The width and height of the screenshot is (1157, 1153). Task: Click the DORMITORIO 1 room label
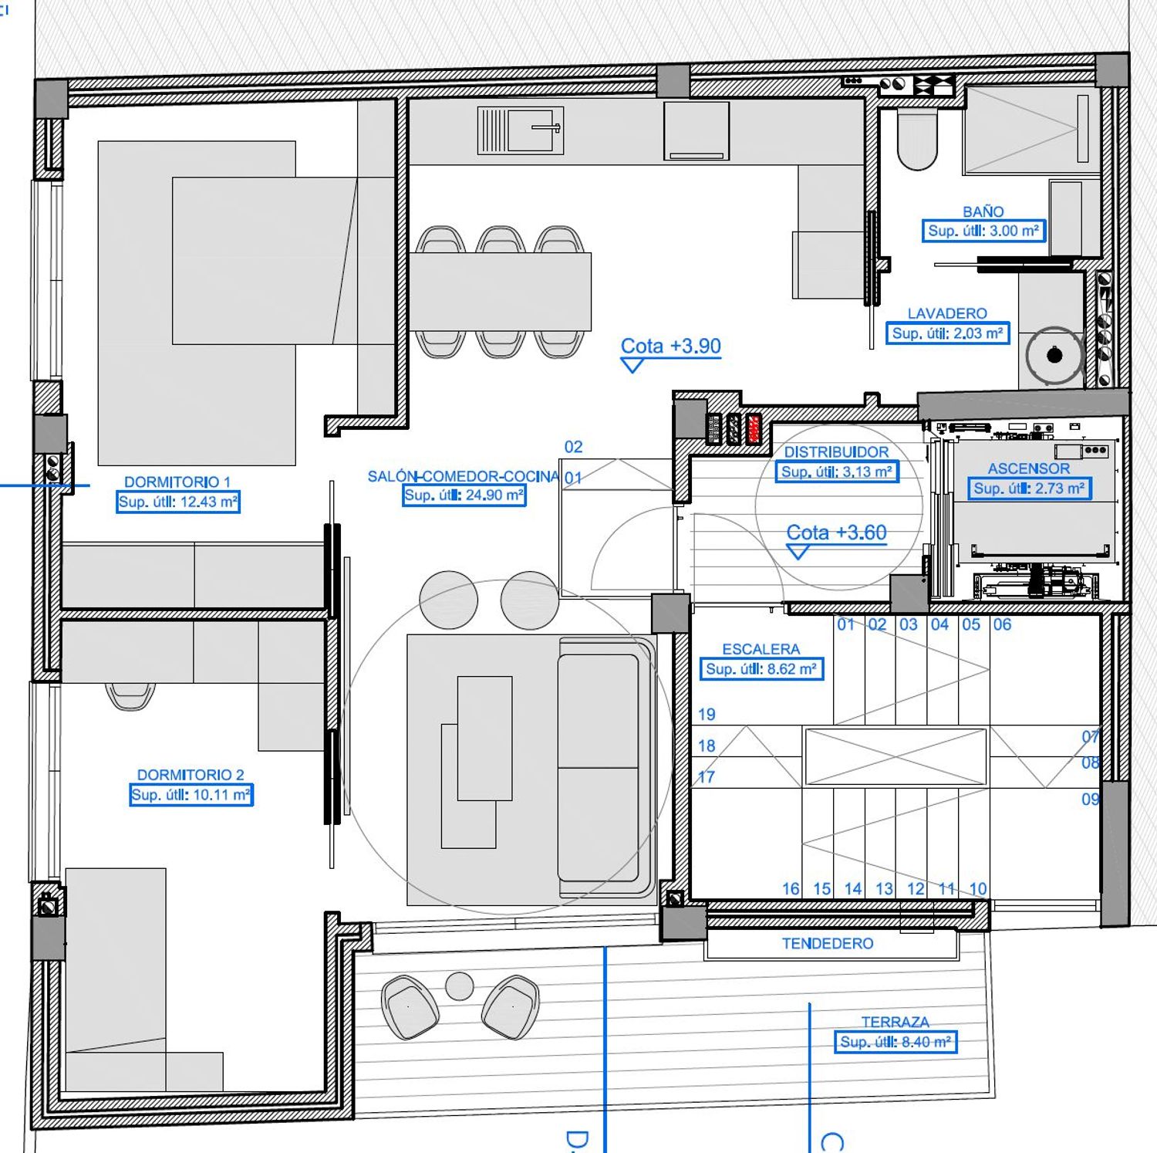177,482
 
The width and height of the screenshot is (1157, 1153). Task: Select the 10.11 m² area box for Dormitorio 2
191,795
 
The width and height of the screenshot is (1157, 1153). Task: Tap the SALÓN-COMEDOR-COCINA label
463,476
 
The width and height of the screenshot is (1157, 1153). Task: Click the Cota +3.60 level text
836,533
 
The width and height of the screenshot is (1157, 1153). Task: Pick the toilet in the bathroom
917,140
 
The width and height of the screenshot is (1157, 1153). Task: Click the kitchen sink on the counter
521,130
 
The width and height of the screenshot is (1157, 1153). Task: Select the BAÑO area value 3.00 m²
983,231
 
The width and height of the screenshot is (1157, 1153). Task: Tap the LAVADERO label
947,313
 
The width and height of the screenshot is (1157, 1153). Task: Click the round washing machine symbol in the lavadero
1054,355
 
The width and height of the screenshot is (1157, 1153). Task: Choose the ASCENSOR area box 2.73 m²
1029,489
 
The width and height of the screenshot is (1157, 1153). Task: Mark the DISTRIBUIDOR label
836,452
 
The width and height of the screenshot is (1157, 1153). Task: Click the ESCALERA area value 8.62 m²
761,669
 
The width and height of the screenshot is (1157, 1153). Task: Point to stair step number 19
707,715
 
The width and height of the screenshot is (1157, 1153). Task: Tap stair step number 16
791,889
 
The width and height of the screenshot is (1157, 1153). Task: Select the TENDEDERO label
828,943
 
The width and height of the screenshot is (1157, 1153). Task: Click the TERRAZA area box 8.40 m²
896,1042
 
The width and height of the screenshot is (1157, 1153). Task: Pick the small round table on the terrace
460,986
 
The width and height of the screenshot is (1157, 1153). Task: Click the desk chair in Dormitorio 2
130,695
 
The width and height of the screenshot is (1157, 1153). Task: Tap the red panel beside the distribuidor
754,429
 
